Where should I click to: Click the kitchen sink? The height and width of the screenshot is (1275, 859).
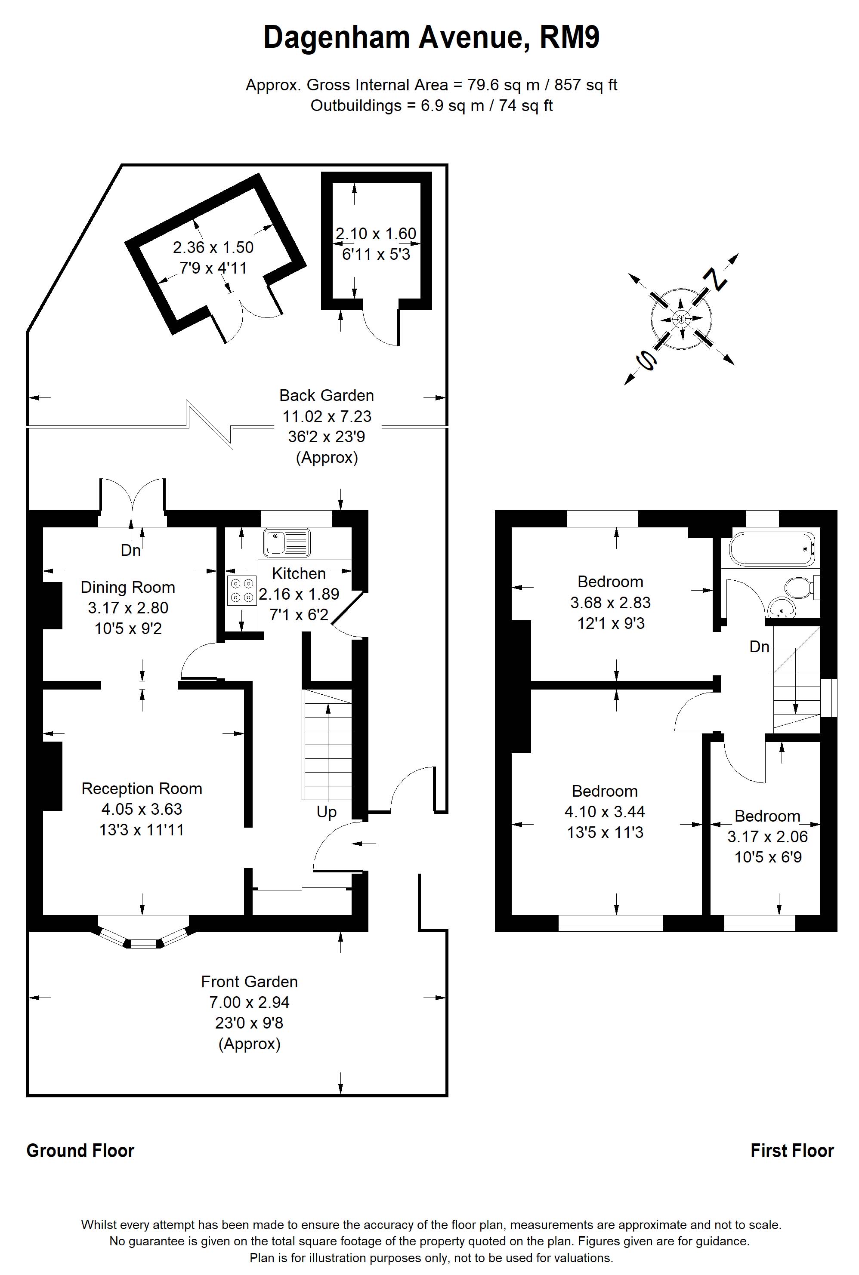click(x=287, y=542)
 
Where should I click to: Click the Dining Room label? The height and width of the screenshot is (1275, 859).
click(x=128, y=588)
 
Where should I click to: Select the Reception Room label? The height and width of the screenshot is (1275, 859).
click(x=142, y=788)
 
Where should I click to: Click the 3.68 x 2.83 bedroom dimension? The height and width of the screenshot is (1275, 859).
click(x=610, y=602)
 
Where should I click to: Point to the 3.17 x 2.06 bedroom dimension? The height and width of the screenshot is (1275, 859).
click(x=767, y=837)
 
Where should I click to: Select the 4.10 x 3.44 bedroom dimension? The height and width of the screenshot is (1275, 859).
click(x=605, y=811)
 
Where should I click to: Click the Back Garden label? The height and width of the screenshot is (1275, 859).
click(x=327, y=395)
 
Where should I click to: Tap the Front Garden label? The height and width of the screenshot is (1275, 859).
click(x=249, y=982)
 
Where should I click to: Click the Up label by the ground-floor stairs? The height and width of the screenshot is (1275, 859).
click(x=327, y=812)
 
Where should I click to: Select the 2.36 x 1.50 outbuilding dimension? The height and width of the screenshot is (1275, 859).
click(x=213, y=247)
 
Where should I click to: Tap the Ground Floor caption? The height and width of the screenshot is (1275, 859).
click(x=80, y=1151)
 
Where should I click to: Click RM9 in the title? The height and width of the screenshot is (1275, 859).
click(x=570, y=37)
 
